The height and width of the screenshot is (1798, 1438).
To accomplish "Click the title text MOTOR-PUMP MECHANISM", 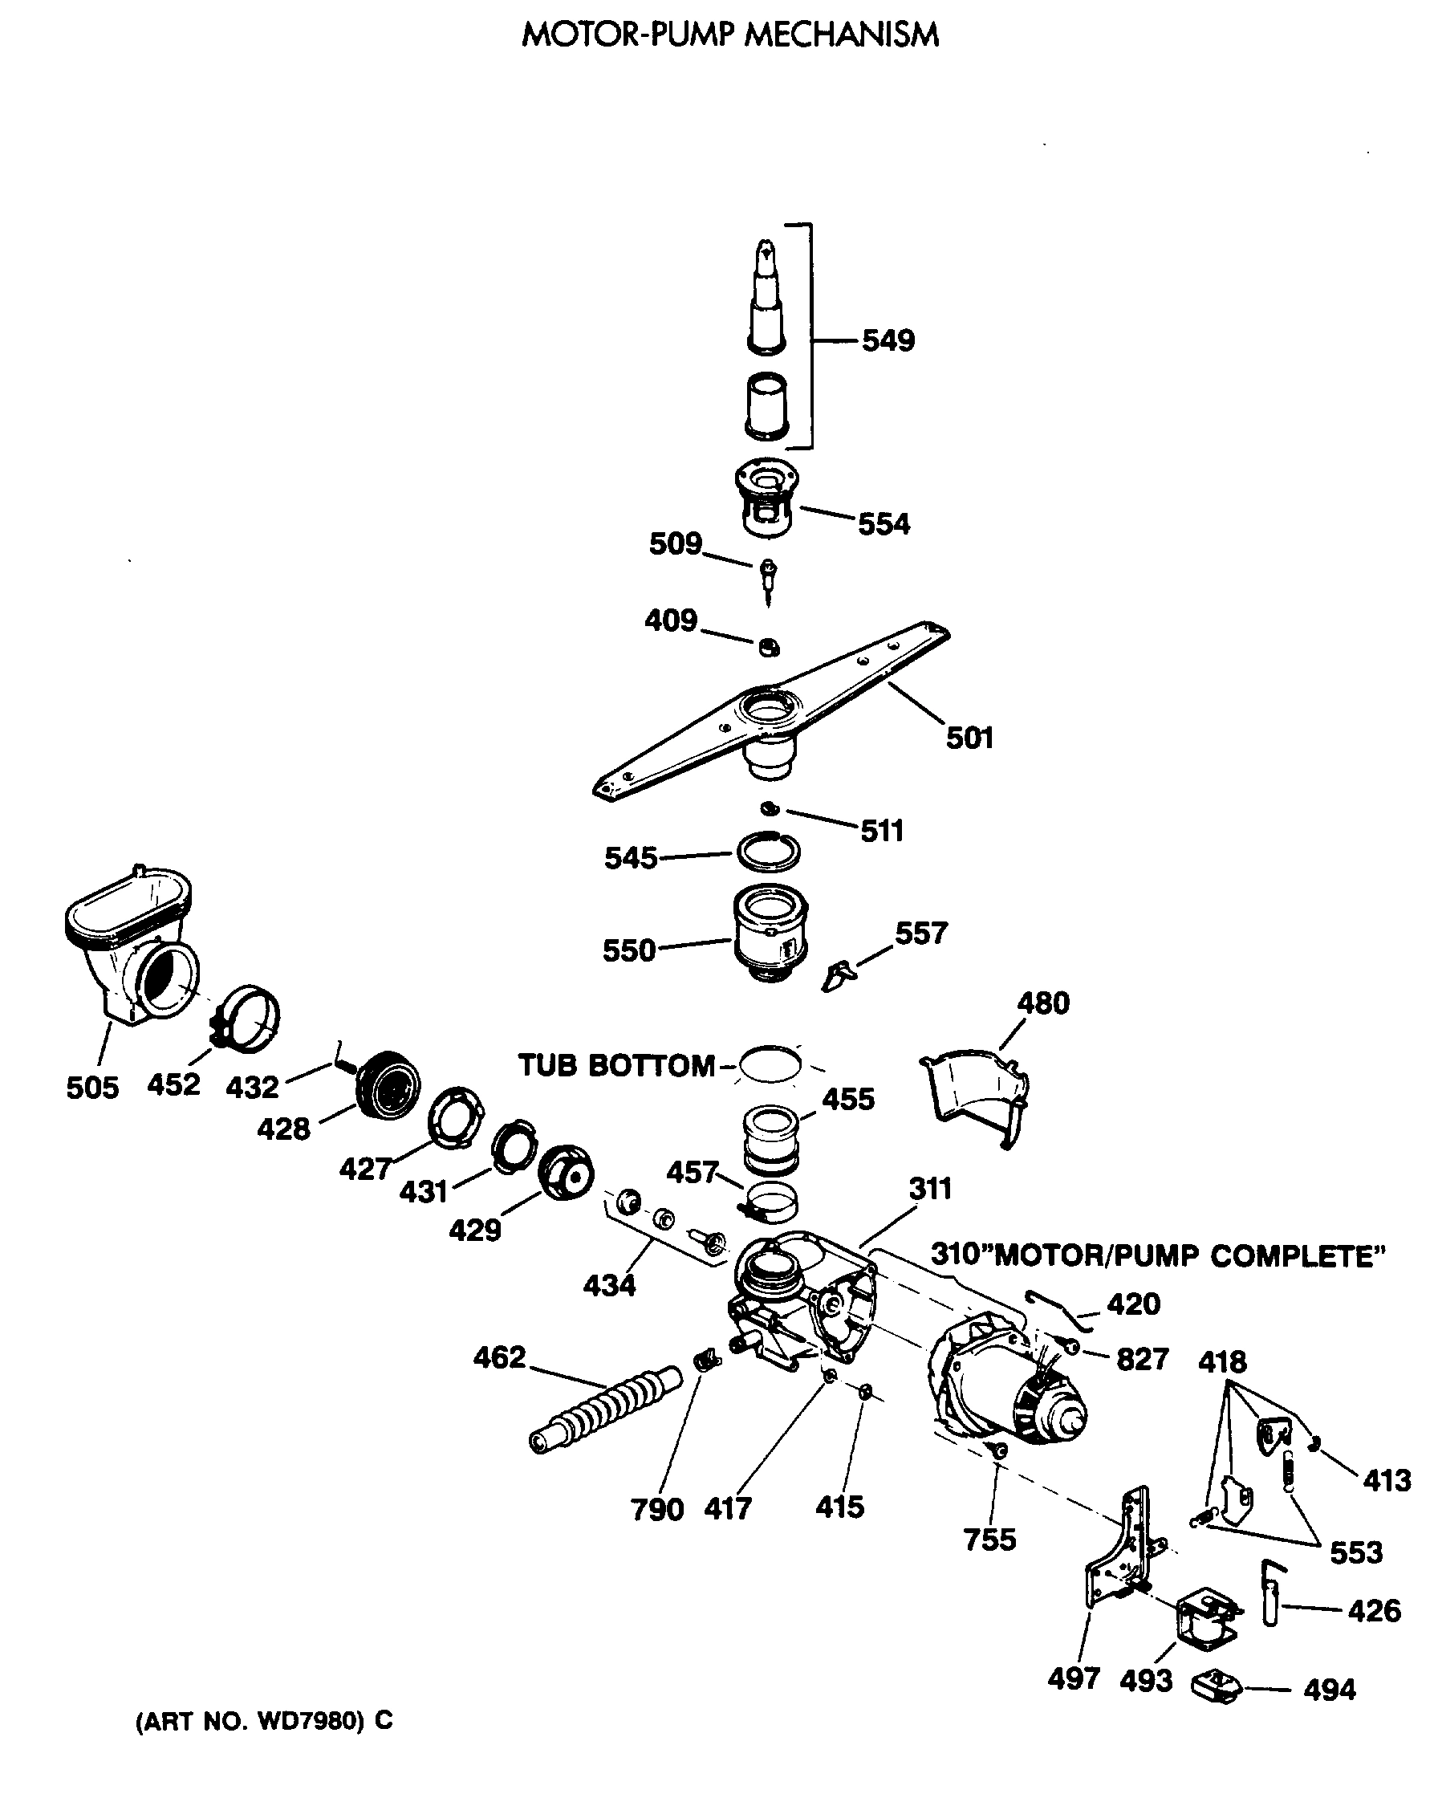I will click(x=729, y=35).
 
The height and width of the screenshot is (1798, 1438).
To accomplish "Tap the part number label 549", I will click(x=888, y=340).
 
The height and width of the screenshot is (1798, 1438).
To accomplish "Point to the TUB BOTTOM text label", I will click(x=617, y=1065).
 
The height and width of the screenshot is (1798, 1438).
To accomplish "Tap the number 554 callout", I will click(x=884, y=525).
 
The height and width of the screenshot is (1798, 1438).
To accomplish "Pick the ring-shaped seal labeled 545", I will click(x=768, y=852).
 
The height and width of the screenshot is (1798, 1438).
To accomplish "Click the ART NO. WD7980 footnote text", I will click(x=263, y=1720).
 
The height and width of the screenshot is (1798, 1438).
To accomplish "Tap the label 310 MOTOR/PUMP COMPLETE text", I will click(x=1157, y=1256).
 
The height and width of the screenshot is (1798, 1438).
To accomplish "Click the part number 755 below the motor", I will click(x=989, y=1540).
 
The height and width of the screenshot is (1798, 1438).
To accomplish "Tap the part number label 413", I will click(x=1387, y=1480).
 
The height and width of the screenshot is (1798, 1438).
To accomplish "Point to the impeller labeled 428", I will click(x=388, y=1086).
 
